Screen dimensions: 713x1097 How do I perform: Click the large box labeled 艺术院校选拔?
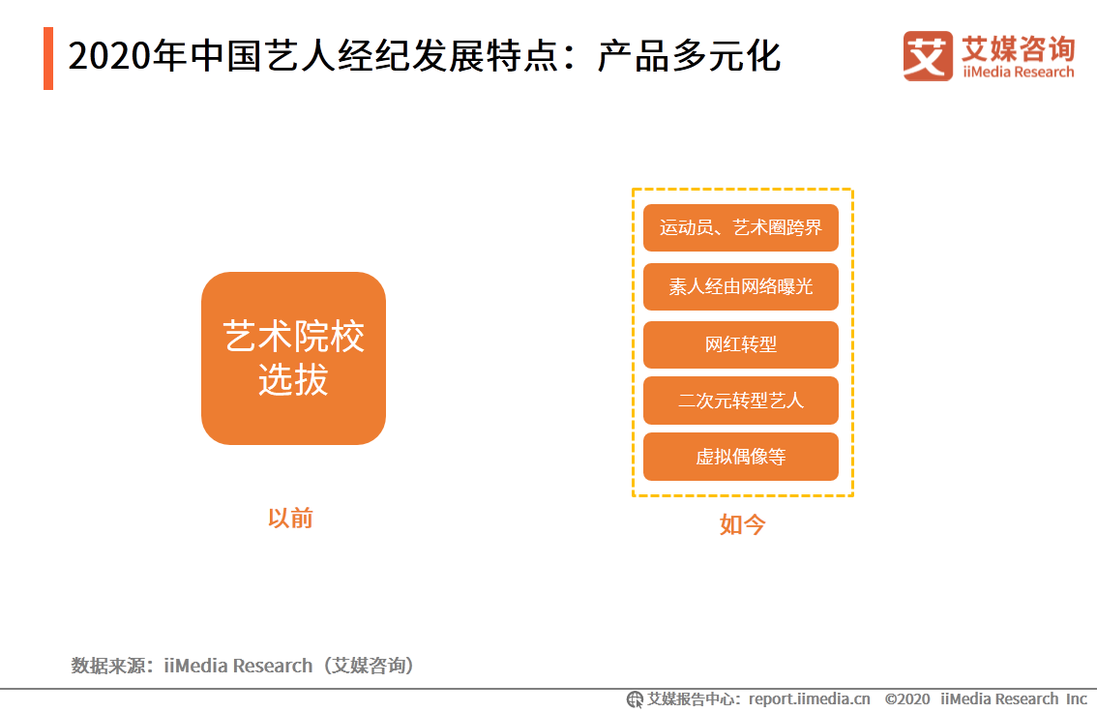(x=293, y=358)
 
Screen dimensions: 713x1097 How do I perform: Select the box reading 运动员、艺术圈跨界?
(x=740, y=228)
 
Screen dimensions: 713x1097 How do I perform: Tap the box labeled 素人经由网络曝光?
(x=740, y=287)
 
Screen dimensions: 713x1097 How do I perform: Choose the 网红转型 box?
(x=740, y=344)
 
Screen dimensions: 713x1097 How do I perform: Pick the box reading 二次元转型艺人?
(x=740, y=401)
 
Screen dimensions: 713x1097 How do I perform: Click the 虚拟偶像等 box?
(x=740, y=457)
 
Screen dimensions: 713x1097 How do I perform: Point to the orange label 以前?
(x=290, y=519)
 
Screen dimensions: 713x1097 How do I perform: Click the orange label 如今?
(x=742, y=525)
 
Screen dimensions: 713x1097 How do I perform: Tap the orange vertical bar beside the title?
(x=48, y=58)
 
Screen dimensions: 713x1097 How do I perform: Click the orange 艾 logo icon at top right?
(x=928, y=56)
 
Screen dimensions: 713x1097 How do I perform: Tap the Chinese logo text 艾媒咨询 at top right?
(x=1018, y=47)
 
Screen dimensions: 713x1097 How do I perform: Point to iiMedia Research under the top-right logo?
(x=1018, y=73)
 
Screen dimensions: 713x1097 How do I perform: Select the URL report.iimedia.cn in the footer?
(x=809, y=698)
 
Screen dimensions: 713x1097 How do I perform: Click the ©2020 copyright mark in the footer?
(x=907, y=698)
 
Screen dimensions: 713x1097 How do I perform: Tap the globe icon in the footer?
(x=635, y=699)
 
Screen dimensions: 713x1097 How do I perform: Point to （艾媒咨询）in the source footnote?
(x=372, y=666)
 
